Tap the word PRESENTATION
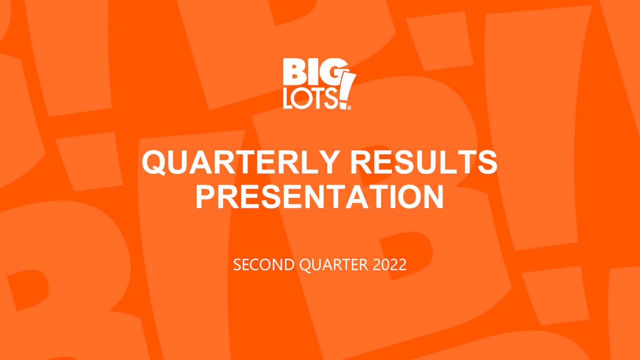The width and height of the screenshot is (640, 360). (x=319, y=197)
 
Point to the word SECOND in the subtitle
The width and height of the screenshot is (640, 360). (x=264, y=265)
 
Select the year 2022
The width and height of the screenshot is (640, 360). (x=390, y=265)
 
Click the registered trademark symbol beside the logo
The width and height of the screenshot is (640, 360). (x=349, y=107)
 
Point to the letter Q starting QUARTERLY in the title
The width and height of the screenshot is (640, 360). (x=154, y=162)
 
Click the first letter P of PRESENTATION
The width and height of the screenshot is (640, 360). (x=204, y=197)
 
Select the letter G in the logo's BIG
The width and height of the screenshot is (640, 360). (x=328, y=72)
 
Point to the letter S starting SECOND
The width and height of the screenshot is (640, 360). (x=237, y=265)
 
